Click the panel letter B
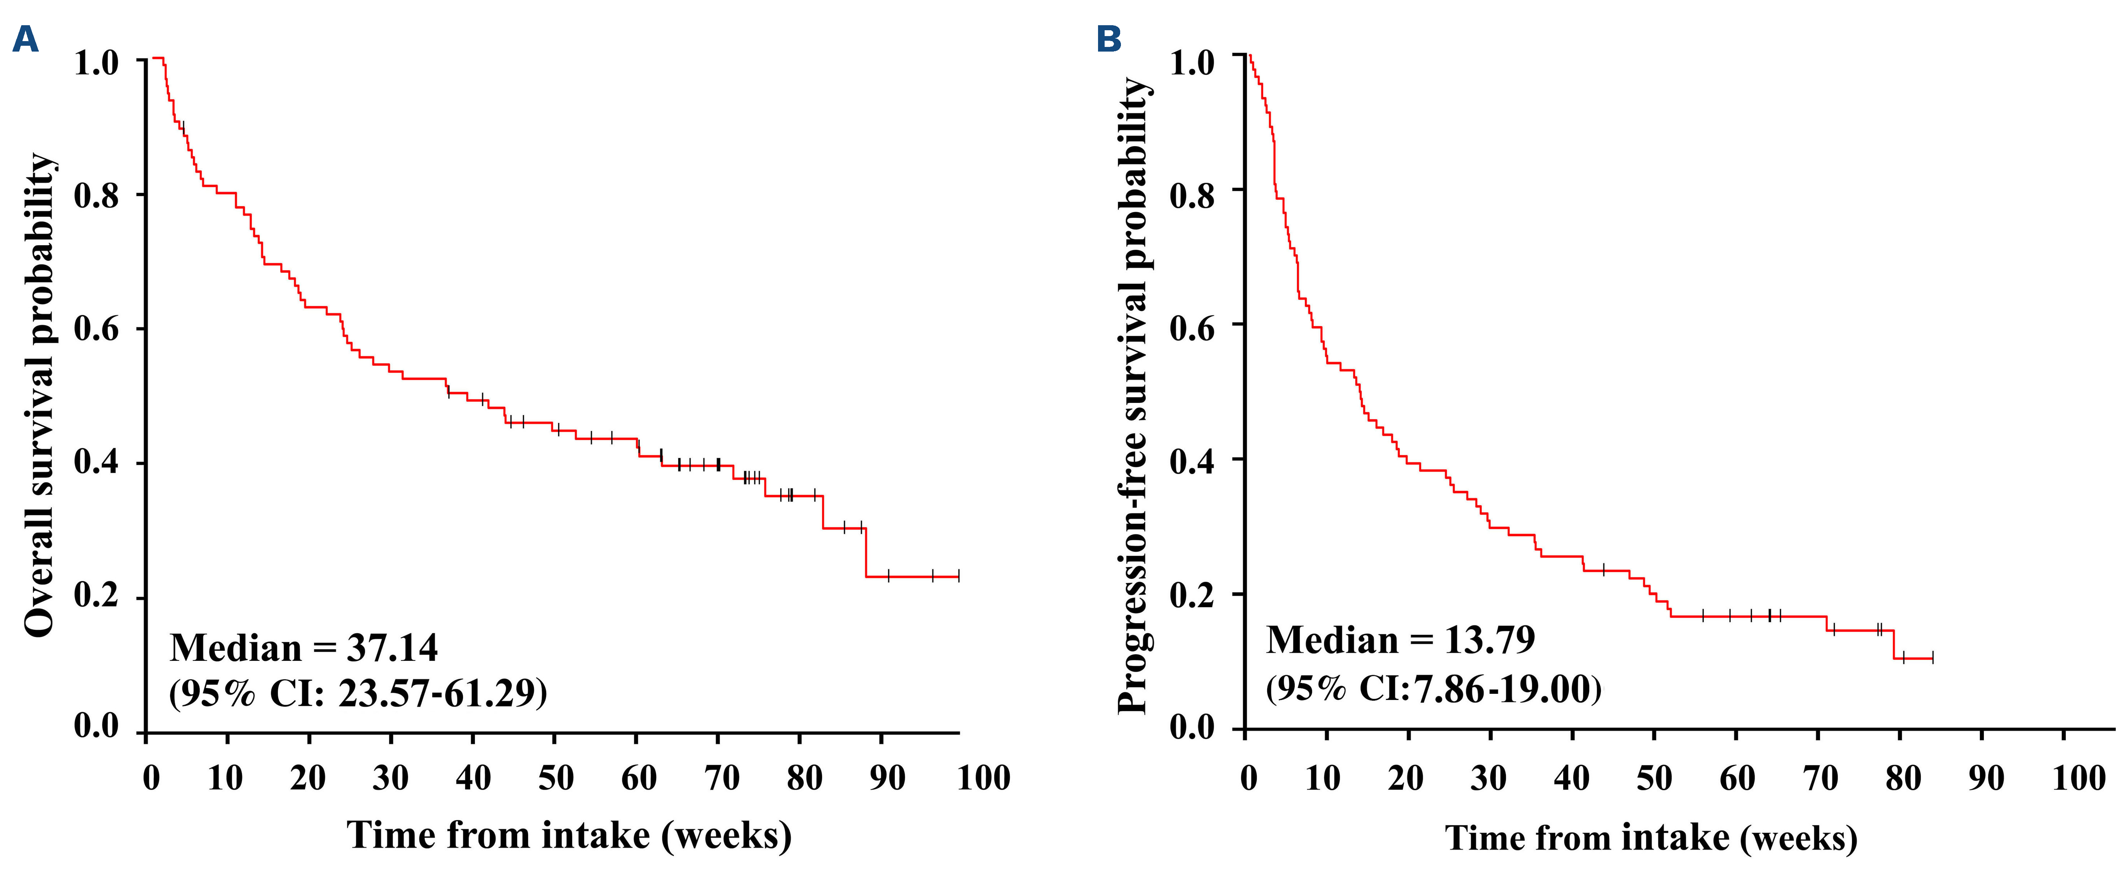(x=1109, y=39)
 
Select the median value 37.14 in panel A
(x=392, y=648)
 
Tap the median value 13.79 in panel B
(x=1489, y=639)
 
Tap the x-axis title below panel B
(x=1651, y=838)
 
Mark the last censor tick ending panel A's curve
(x=959, y=576)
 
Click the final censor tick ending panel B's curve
(x=1932, y=658)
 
